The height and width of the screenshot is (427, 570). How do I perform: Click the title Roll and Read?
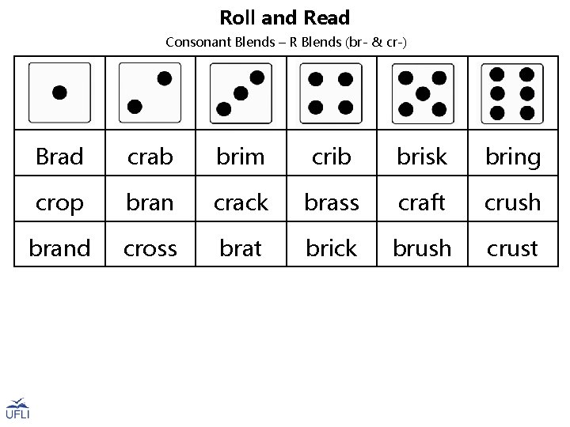(284, 17)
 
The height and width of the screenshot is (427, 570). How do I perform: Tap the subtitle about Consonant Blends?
(286, 41)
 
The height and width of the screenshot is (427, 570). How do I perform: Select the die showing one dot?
(59, 93)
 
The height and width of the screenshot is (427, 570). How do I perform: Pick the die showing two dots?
(150, 93)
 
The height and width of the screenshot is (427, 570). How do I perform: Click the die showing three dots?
(241, 93)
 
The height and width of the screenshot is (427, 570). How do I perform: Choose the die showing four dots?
(331, 93)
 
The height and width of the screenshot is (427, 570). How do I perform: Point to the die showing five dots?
(422, 93)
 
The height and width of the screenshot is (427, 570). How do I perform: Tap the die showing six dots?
(512, 93)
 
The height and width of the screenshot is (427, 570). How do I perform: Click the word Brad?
(59, 157)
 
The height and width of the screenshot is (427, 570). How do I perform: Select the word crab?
(150, 157)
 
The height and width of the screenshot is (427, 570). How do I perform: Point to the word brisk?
(422, 157)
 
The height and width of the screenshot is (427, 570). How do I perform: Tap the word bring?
(512, 157)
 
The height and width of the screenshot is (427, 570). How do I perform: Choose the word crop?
(59, 203)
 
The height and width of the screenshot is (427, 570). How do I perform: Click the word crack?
(241, 202)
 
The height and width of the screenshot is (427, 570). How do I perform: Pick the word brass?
(331, 202)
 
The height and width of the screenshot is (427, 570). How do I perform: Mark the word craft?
(422, 202)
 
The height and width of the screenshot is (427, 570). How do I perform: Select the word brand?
(59, 248)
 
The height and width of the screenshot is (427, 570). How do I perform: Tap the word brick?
(331, 248)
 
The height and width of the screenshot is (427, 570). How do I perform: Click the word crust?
(512, 248)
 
